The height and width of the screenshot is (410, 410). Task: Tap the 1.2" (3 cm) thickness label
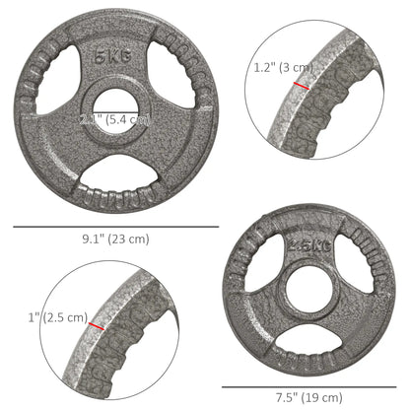284,69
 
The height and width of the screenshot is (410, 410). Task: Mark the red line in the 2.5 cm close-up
97,325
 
